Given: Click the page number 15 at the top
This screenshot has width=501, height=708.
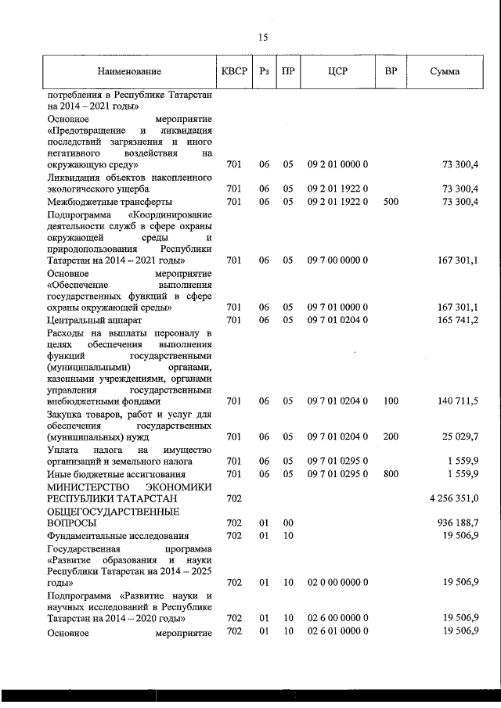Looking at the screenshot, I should [x=263, y=37].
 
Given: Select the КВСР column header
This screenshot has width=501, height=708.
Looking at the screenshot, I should [x=234, y=72].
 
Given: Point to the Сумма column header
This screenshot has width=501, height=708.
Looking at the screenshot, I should [x=445, y=72].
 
